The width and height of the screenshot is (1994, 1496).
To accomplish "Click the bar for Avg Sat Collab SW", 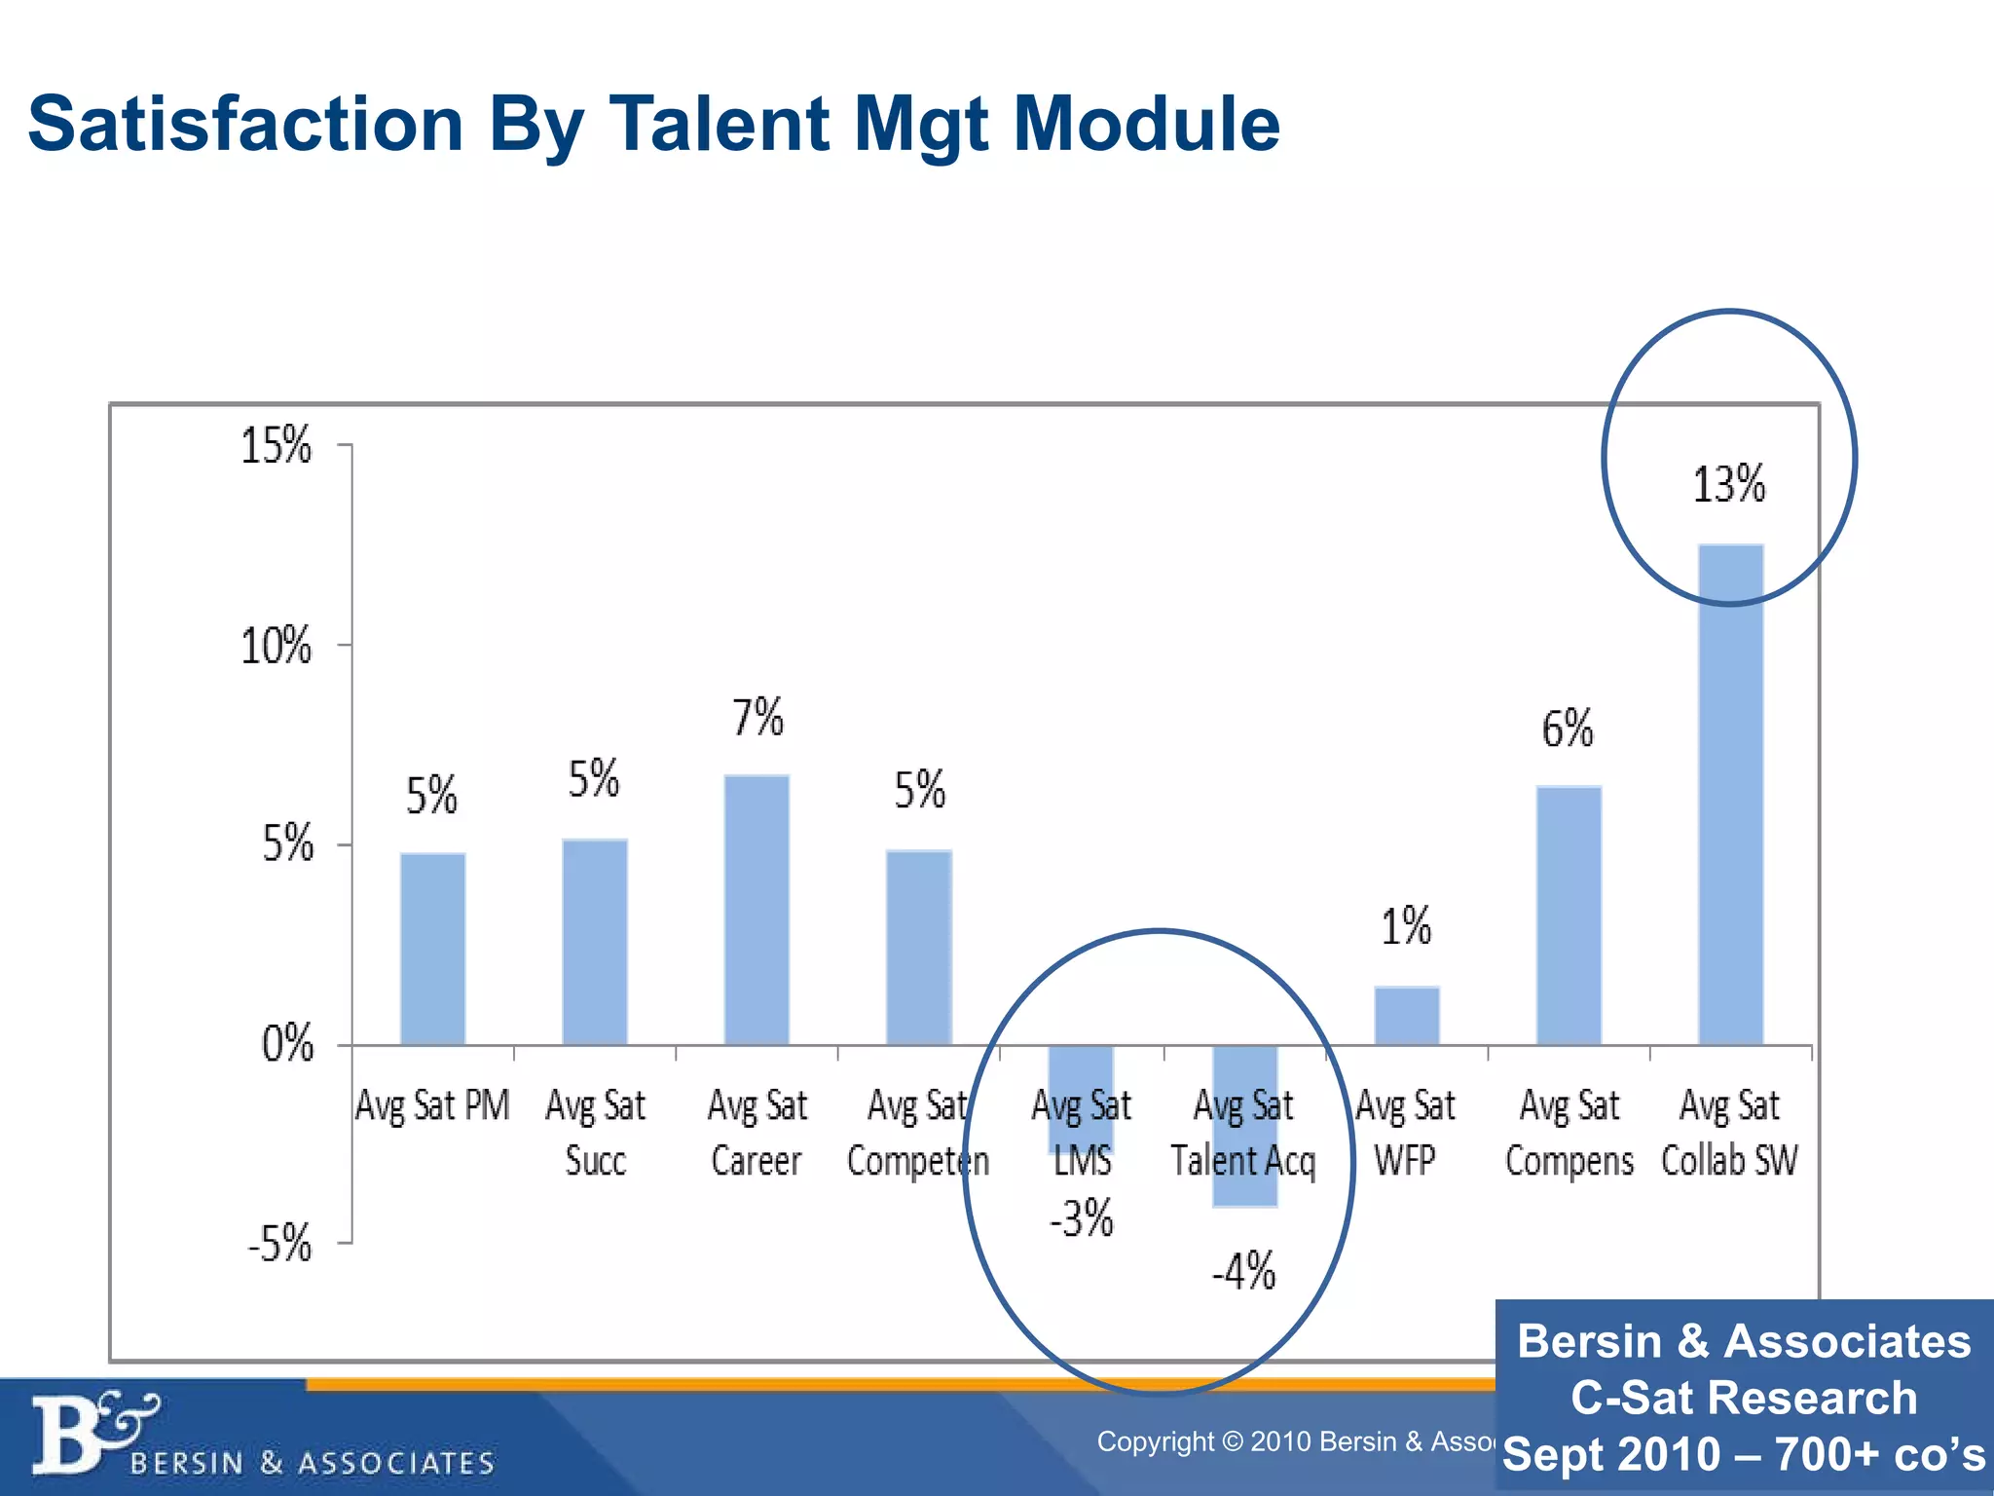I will [1730, 794].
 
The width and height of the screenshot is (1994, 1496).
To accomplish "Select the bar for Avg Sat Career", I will [757, 910].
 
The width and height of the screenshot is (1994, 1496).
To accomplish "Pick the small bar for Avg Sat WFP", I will [1406, 1016].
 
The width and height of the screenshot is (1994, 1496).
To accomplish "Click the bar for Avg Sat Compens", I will [1569, 916].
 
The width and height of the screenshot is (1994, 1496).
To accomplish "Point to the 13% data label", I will [1728, 484].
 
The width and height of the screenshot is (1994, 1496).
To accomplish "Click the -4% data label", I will [1243, 1271].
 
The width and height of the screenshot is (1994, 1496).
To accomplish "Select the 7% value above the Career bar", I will [757, 718].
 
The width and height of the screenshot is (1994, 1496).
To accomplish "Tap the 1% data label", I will [1406, 926].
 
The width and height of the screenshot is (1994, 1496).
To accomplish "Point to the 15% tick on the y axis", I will [277, 446].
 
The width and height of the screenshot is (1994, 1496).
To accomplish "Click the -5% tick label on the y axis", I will [279, 1244].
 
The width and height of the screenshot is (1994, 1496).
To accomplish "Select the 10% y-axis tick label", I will [277, 646].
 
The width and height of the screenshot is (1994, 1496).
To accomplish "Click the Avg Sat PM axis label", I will [432, 1105].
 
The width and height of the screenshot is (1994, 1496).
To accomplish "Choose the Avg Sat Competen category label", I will [917, 1133].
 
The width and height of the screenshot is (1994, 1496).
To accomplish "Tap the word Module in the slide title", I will [1146, 124].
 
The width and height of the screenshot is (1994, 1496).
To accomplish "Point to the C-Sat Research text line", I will [1743, 1397].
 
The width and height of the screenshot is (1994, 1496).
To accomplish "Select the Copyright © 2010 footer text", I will [1295, 1441].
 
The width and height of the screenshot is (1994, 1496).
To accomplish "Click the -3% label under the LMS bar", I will [1081, 1218].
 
